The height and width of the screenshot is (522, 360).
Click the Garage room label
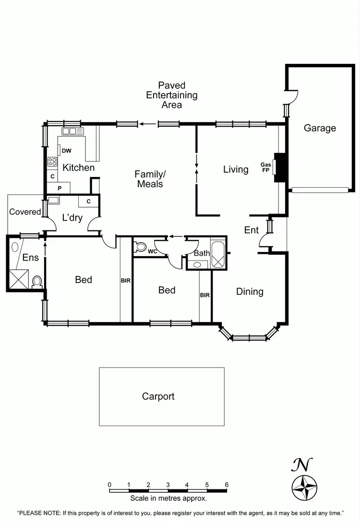pyautogui.click(x=320, y=128)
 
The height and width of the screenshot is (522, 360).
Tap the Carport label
pyautogui.click(x=158, y=396)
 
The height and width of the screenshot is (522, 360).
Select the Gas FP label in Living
pyautogui.click(x=265, y=166)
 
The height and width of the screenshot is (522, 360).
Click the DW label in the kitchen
pyautogui.click(x=67, y=151)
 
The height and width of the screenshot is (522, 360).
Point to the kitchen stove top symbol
pyautogui.click(x=52, y=162)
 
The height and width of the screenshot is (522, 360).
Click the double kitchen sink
pyautogui.click(x=69, y=130)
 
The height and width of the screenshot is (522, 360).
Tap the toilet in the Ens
pyautogui.click(x=37, y=282)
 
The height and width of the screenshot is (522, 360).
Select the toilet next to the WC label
pyautogui.click(x=141, y=247)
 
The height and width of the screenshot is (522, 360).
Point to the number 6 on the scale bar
pyautogui.click(x=227, y=485)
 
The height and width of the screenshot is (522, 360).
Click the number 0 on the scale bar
pyautogui.click(x=110, y=485)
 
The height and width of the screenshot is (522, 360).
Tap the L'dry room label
pyautogui.click(x=72, y=218)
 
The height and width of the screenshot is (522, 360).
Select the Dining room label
pyautogui.click(x=250, y=291)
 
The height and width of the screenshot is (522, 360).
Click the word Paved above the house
pyautogui.click(x=172, y=85)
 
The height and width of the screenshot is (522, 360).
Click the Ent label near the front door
pyautogui.click(x=252, y=230)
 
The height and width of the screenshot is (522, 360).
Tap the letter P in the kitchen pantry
pyautogui.click(x=60, y=188)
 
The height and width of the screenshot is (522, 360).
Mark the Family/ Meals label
pyautogui.click(x=150, y=178)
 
